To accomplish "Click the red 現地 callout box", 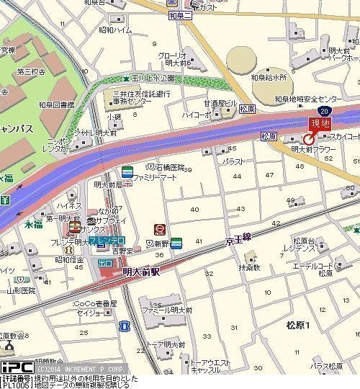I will tap(318, 123).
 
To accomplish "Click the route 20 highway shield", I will tap(326, 110).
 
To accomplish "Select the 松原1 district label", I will tap(297, 326).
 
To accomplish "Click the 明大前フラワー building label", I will tap(313, 149).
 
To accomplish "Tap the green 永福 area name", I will tap(34, 224).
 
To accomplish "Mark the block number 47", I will tap(269, 175).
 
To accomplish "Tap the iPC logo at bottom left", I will tap(17, 367).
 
